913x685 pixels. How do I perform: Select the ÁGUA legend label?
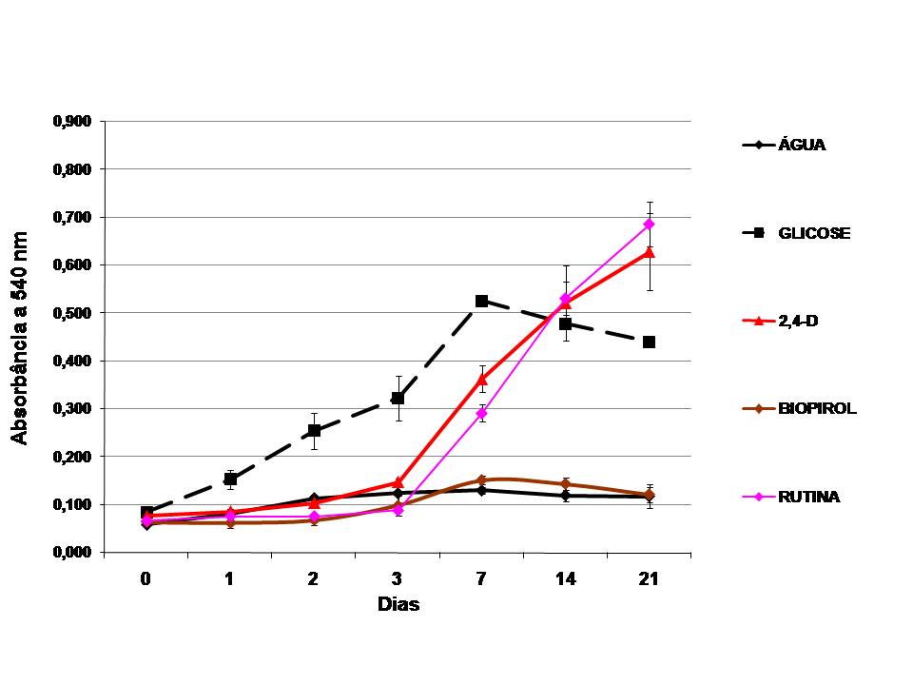point(802,145)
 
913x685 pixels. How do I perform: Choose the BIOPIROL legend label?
point(817,408)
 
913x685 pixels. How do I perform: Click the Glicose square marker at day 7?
point(481,302)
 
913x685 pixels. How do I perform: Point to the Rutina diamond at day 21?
point(650,225)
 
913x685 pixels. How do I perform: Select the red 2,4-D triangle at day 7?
point(481,380)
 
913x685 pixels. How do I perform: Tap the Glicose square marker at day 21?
point(650,342)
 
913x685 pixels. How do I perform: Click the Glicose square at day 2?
point(314,430)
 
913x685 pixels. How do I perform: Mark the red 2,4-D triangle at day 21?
point(650,251)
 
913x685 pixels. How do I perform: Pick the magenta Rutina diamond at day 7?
point(481,414)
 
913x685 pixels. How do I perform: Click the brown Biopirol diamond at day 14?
point(565,484)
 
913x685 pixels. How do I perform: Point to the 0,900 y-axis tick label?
point(72,121)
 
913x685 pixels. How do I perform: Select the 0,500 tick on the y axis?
point(72,313)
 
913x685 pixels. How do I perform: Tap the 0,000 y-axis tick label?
point(72,552)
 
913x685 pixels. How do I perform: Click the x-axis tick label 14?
point(565,579)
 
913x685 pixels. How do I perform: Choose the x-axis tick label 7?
point(481,579)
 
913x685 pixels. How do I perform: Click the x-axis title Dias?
point(398,604)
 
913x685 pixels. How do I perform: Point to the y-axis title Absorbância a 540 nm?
point(19,339)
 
